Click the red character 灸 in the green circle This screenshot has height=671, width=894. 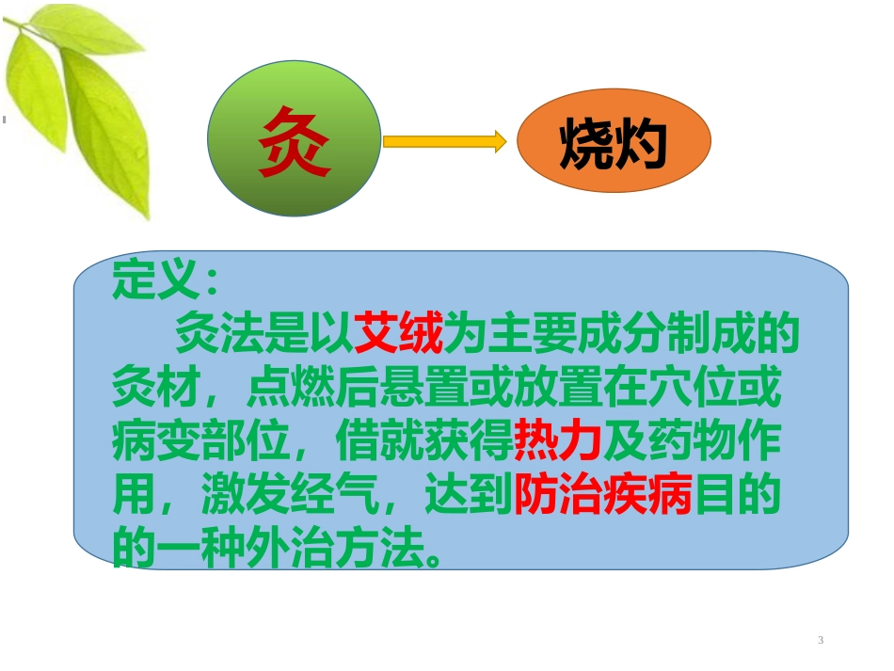tap(295, 141)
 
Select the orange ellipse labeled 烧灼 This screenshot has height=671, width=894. tap(614, 142)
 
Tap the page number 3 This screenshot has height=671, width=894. tap(821, 640)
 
